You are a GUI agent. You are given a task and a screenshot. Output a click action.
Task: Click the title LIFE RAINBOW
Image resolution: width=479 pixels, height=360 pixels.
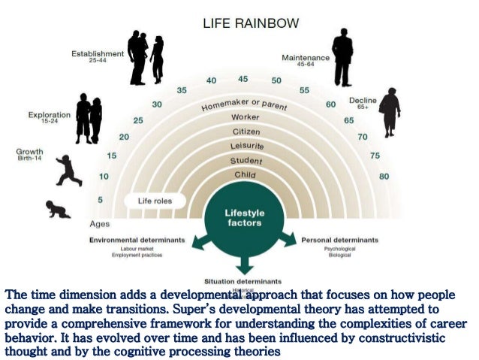click(x=251, y=23)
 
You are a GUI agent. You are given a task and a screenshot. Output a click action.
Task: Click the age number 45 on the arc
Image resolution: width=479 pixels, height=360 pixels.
click(x=243, y=79)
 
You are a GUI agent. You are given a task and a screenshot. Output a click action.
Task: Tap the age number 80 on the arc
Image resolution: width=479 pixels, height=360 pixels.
click(x=384, y=177)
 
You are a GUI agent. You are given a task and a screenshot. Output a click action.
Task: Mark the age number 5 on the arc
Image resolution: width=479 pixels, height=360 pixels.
click(x=100, y=199)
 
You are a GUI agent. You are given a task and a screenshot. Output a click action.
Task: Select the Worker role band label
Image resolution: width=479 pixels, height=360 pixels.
click(x=245, y=118)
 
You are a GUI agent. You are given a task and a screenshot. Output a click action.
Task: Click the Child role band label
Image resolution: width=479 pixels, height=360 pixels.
click(x=245, y=174)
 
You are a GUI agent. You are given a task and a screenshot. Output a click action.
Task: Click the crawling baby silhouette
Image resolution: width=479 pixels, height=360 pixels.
click(x=59, y=208)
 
